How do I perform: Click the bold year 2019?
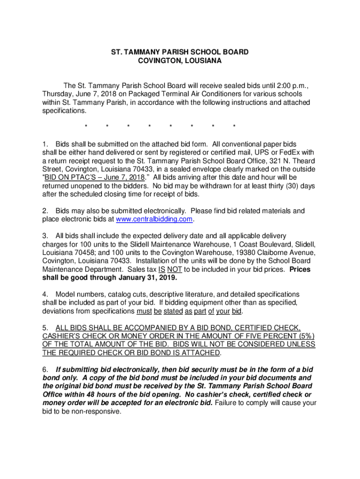[x=167, y=278]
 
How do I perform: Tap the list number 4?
[x=44, y=294]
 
